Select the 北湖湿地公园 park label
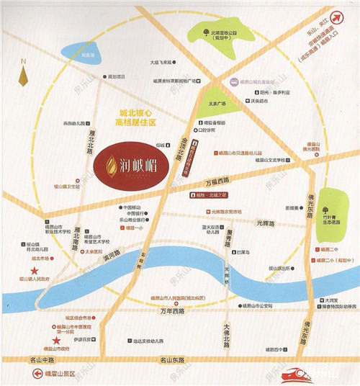[224, 34]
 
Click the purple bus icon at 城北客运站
[233, 84]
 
